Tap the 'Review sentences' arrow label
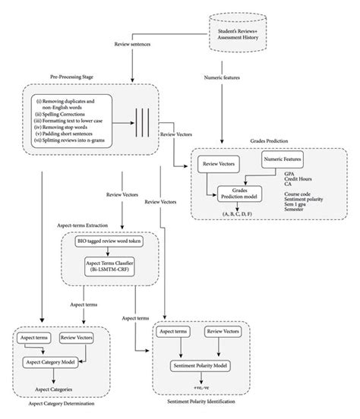pos(152,46)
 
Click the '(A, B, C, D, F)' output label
pos(238,216)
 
